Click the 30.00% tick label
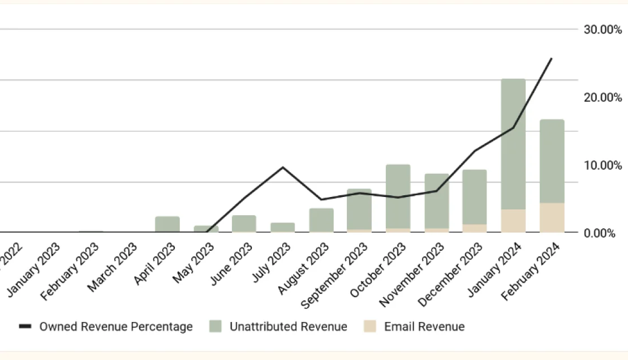603,29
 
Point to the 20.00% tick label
603,97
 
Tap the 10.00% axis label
603,165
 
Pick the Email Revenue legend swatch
370,327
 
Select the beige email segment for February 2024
552,218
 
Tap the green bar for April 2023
167,224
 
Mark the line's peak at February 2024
551,58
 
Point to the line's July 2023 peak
283,167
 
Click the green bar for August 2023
321,220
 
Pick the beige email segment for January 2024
513,221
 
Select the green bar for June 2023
244,224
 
